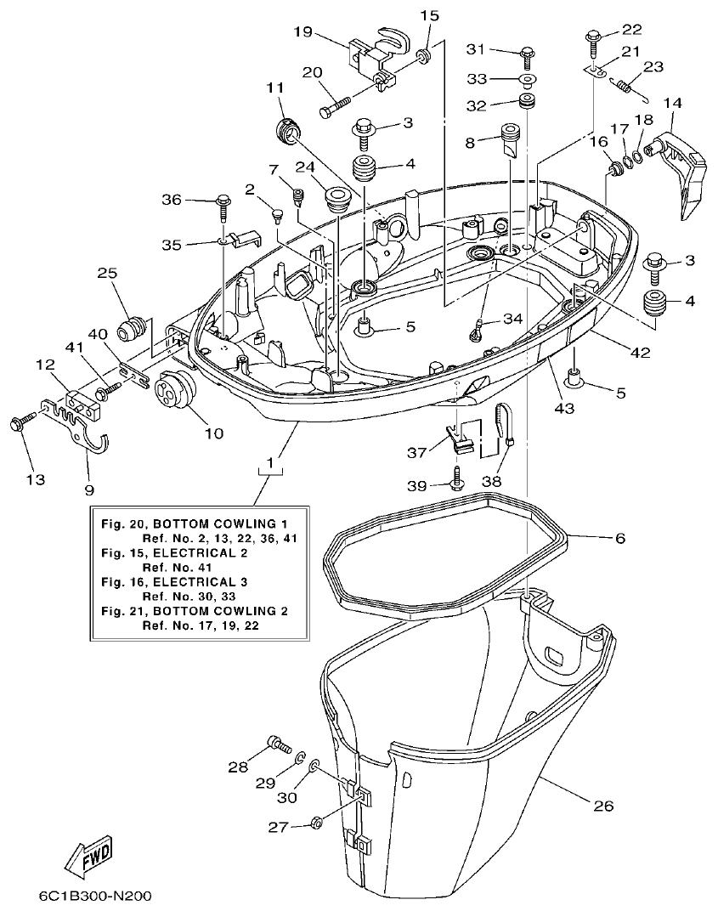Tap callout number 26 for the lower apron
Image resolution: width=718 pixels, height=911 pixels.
[x=602, y=805]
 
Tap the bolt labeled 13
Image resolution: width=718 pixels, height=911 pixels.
[x=21, y=422]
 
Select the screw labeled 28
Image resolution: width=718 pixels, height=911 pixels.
[x=279, y=744]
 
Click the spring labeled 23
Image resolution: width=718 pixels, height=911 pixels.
[x=627, y=86]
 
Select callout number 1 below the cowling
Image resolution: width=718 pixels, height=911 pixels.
[x=270, y=463]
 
